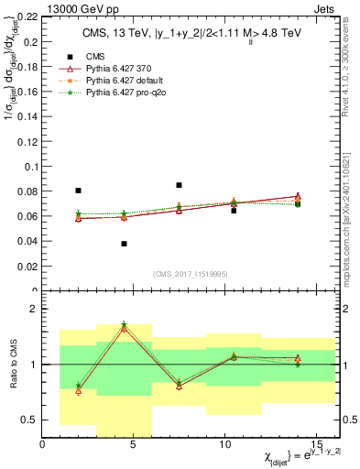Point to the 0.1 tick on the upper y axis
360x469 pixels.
(32, 167)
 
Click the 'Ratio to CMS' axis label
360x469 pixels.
(11, 365)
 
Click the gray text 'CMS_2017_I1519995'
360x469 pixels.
(189, 273)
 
